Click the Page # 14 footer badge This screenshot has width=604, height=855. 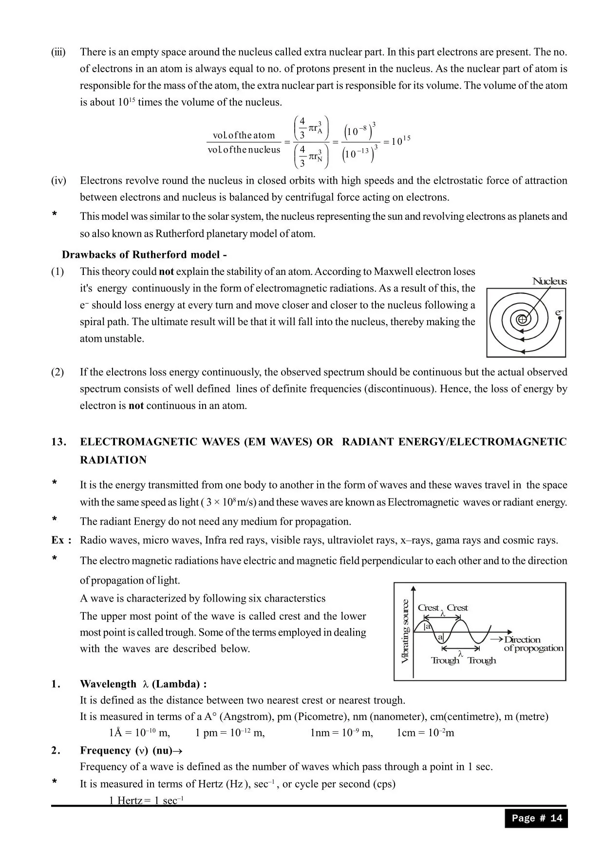click(536, 818)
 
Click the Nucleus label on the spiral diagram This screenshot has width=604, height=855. click(549, 281)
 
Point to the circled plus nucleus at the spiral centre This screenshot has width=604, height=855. click(522, 320)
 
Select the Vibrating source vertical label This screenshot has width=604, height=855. click(405, 631)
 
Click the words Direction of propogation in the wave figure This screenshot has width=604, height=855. click(533, 643)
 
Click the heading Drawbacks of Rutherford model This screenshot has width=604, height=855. click(144, 254)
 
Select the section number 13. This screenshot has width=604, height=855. click(58, 442)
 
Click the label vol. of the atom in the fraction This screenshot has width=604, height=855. click(244, 135)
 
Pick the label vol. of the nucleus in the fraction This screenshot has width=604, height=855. click(244, 150)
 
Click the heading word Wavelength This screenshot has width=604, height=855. click(108, 684)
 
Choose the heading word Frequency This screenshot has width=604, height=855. click(106, 750)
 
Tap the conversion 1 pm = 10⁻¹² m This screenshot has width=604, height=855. click(230, 733)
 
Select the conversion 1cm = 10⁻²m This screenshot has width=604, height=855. click(425, 733)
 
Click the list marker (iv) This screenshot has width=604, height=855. click(58, 180)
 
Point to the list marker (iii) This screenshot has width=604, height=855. click(58, 52)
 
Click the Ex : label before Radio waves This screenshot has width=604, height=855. click(61, 540)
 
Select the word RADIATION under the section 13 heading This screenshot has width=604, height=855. click(113, 460)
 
